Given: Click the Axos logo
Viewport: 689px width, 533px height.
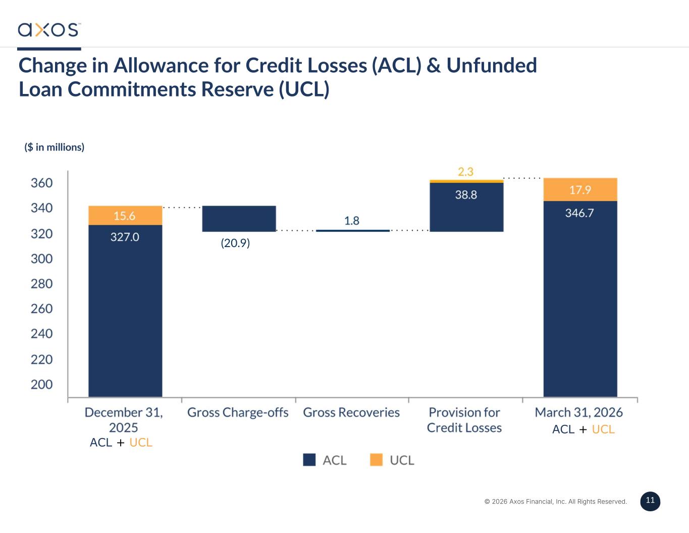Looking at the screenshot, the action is [x=49, y=29].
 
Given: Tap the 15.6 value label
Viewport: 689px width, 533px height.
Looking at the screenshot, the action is [x=125, y=216].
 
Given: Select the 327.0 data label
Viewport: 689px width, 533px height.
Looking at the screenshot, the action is [x=125, y=237].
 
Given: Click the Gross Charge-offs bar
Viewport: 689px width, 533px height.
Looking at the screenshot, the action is [x=239, y=219].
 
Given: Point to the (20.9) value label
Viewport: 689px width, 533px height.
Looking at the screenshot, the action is [x=235, y=243].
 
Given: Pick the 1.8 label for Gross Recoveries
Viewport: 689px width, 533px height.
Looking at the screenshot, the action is [x=352, y=221].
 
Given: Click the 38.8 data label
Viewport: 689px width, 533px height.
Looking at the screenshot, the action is [x=466, y=195].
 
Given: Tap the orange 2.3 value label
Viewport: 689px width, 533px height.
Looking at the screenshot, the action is [x=465, y=172].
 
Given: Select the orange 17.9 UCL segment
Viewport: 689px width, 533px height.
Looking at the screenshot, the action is [x=580, y=189].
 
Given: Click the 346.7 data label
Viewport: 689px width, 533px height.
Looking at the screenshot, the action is [x=579, y=213].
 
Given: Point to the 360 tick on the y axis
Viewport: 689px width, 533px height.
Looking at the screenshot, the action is [x=41, y=183].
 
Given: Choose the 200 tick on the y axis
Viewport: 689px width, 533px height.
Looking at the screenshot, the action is [x=41, y=384].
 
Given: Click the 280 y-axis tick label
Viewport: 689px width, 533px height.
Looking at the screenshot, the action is [x=41, y=283].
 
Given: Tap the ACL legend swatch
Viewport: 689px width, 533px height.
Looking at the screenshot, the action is [x=309, y=460].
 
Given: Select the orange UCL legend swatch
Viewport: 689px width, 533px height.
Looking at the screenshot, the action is [x=376, y=460].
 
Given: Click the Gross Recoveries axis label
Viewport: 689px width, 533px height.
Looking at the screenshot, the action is [x=351, y=412].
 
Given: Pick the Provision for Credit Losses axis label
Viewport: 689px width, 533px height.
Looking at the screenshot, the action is [x=464, y=420].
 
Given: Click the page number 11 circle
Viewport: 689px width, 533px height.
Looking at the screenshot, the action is [x=650, y=501].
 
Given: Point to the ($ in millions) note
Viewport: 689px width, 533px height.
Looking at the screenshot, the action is [x=55, y=147].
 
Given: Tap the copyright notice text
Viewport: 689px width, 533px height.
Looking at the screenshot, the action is [x=556, y=502].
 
